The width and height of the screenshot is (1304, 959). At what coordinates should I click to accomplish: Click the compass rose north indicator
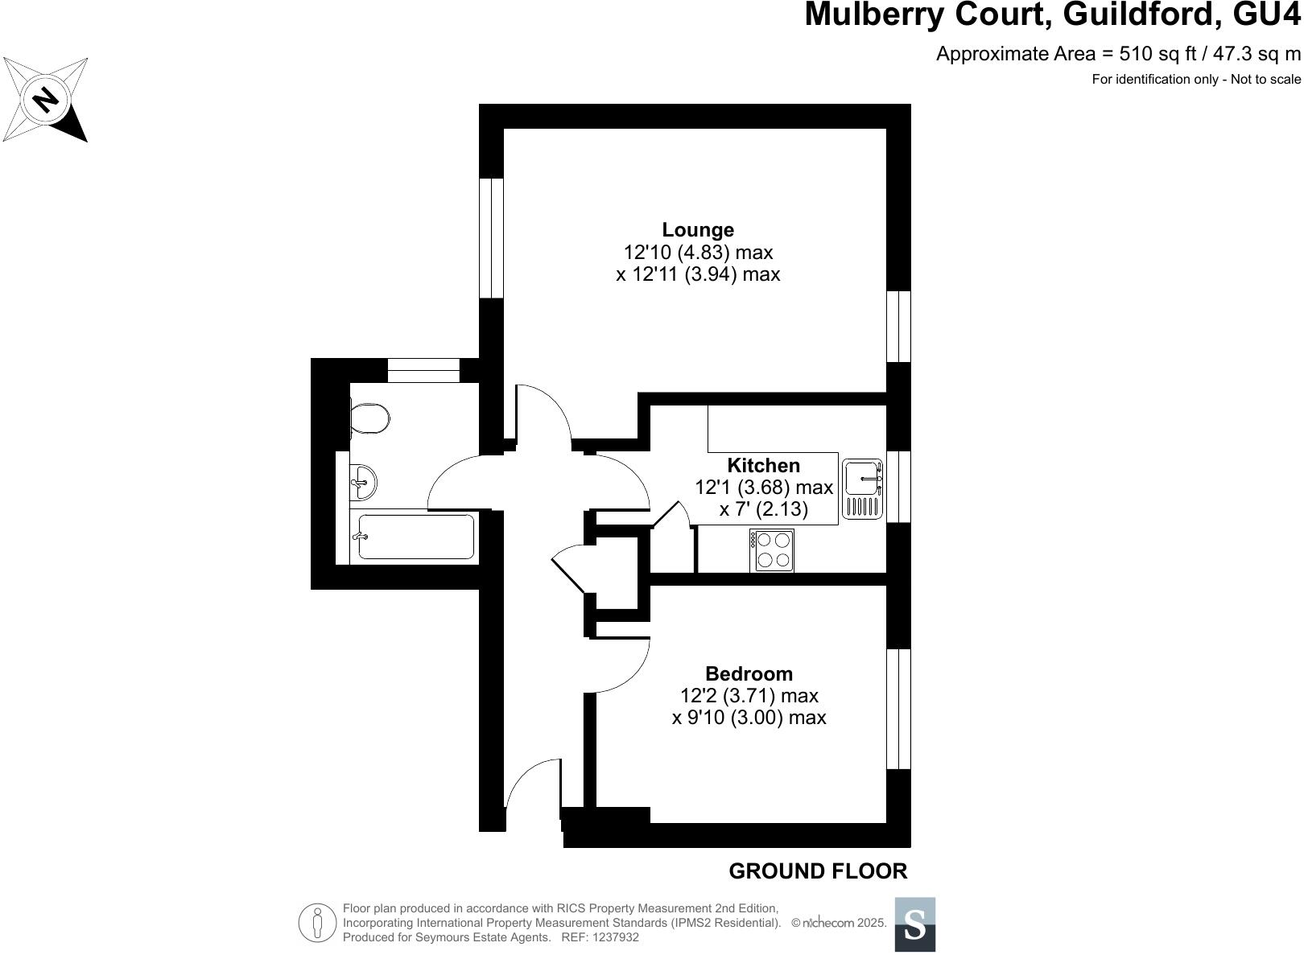pyautogui.click(x=45, y=100)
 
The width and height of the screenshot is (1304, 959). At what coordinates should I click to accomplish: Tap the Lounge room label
pyautogui.click(x=698, y=230)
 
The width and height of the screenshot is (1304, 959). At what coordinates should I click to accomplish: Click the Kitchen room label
pyautogui.click(x=763, y=465)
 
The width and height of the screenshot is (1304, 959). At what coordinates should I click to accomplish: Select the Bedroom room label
pyautogui.click(x=749, y=673)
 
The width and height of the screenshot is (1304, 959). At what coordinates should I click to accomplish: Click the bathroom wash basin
pyautogui.click(x=363, y=482)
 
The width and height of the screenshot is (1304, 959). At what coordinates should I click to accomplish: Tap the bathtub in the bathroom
pyautogui.click(x=415, y=537)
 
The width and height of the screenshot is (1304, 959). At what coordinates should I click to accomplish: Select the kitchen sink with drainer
pyautogui.click(x=862, y=488)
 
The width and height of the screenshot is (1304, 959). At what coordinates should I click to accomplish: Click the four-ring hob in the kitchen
pyautogui.click(x=772, y=550)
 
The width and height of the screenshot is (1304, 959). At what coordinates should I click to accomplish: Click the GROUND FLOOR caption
pyautogui.click(x=817, y=871)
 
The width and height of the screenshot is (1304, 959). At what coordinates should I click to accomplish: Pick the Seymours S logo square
pyautogui.click(x=915, y=924)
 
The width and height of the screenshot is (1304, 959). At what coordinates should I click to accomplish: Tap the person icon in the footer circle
pyautogui.click(x=317, y=923)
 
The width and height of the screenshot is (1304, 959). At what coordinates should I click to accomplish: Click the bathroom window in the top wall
pyautogui.click(x=423, y=370)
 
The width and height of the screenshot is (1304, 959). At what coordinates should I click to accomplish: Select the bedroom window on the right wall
pyautogui.click(x=898, y=709)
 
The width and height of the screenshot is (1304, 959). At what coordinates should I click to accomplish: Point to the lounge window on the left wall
pyautogui.click(x=491, y=238)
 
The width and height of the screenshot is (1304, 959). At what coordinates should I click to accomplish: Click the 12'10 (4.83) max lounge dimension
pyautogui.click(x=698, y=253)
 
